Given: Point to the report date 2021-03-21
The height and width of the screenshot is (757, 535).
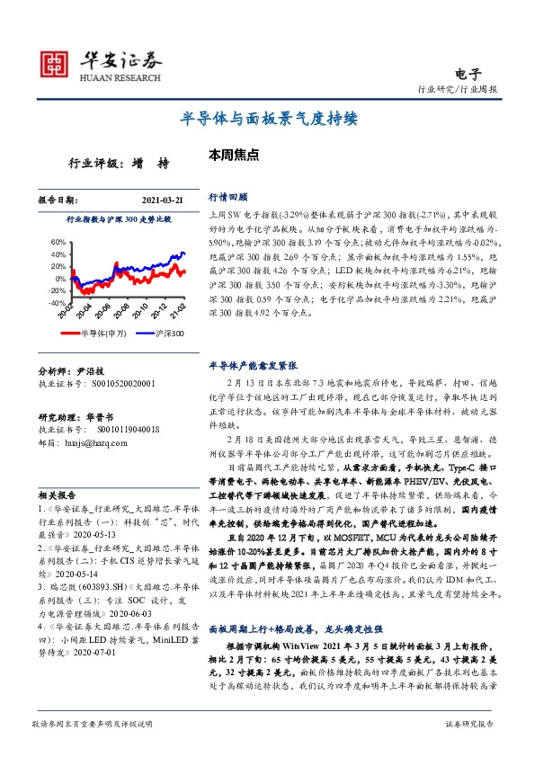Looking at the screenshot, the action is (164, 200).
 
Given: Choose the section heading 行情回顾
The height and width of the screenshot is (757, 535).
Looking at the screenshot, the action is (228, 196).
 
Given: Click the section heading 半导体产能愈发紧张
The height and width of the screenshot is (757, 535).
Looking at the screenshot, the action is (253, 367).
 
